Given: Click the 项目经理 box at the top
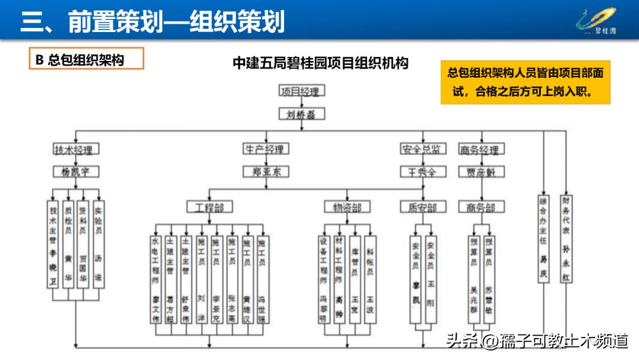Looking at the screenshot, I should click(x=302, y=91).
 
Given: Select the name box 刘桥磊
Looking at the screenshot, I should click(x=302, y=114).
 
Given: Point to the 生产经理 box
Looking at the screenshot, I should click(x=265, y=150).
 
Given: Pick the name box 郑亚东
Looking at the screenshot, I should click(x=265, y=172).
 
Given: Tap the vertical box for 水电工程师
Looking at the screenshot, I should click(x=156, y=279).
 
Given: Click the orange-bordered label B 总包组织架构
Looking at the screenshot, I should click(x=86, y=59).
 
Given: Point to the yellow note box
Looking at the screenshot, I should click(x=525, y=82).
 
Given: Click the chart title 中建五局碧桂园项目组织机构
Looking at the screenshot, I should click(x=320, y=63).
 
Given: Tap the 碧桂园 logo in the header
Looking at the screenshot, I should click(x=596, y=21).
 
